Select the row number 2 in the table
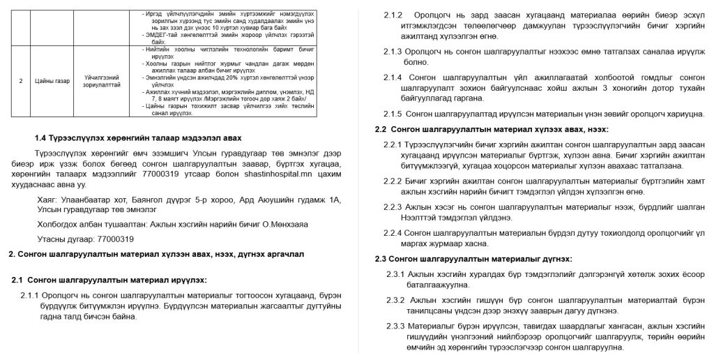point(21,81)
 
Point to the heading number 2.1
point(20,280)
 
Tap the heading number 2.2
point(381,129)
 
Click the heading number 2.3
point(381,259)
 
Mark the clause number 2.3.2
point(395,300)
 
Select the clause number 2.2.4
point(395,232)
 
